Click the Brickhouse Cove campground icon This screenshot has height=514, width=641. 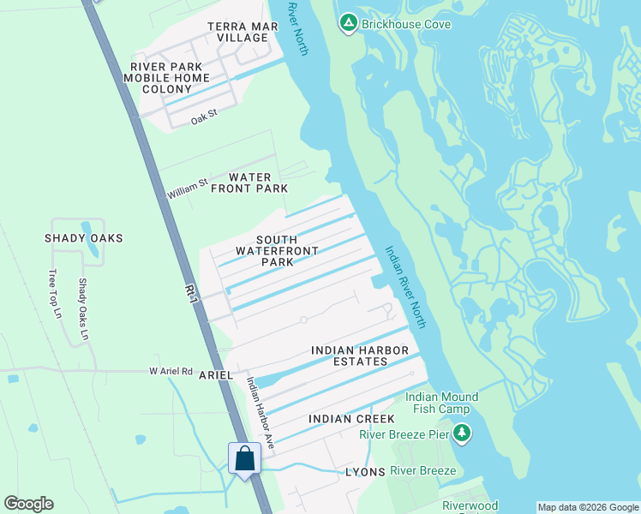(348, 23)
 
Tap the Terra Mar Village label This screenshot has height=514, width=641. (237, 33)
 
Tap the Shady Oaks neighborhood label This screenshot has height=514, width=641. (84, 238)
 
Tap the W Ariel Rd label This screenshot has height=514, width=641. (171, 371)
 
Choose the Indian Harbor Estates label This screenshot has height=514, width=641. (350, 356)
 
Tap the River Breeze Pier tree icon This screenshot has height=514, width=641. (462, 433)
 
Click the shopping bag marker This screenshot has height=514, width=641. (244, 458)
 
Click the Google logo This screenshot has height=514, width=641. (28, 504)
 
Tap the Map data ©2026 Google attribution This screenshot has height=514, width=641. (588, 507)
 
